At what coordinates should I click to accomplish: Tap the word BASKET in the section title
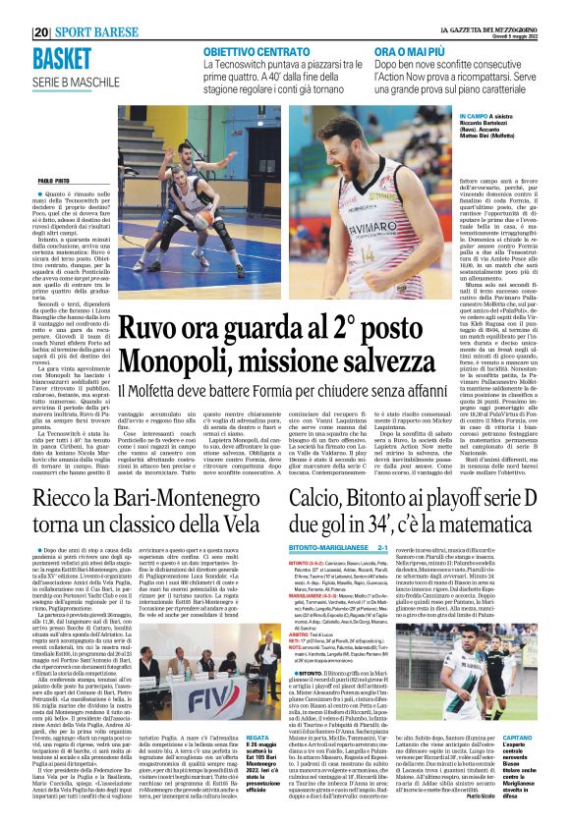[61, 57]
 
